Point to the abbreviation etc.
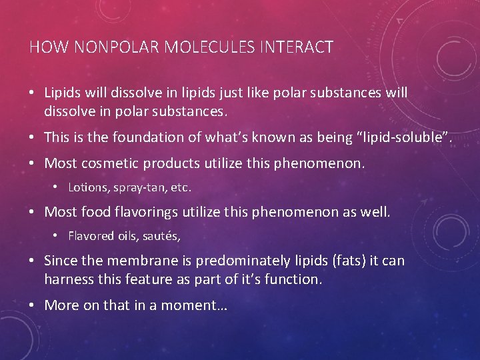(179, 188)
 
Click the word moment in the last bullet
(199, 305)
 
